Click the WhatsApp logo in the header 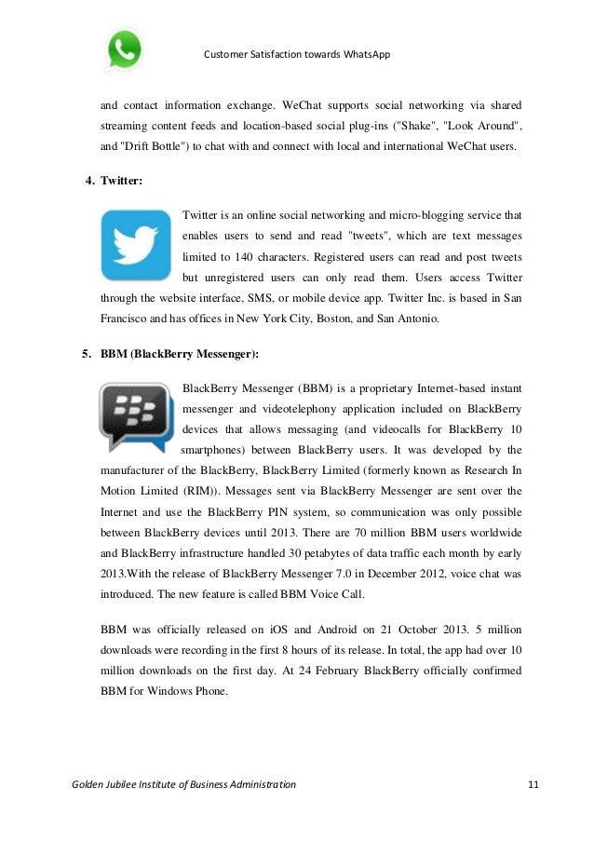pos(124,49)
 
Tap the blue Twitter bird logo pos(136,245)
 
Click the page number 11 pos(533,785)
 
